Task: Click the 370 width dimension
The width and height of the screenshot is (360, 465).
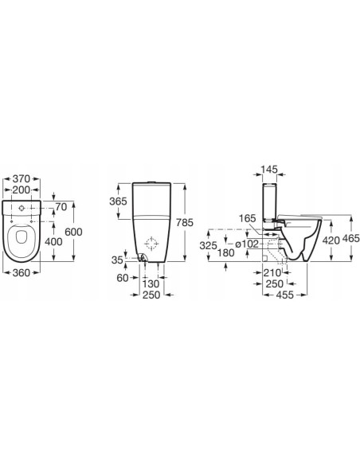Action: click(21, 179)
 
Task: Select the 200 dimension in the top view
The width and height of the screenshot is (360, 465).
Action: click(21, 190)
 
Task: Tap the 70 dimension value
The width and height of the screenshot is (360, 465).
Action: click(61, 207)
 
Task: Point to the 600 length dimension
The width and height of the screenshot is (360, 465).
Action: click(73, 232)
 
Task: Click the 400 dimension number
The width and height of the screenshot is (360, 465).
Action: click(53, 242)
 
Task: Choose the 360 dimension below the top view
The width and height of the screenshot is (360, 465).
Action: click(21, 272)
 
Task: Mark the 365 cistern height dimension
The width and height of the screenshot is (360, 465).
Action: click(118, 201)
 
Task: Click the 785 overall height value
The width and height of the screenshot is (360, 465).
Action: click(185, 222)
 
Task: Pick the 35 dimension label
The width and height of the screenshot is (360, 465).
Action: click(117, 260)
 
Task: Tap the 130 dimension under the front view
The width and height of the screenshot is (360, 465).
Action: click(151, 283)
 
